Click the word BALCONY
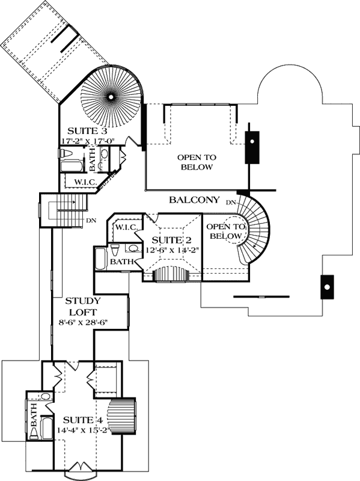click(194, 200)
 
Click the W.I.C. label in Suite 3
click(85, 181)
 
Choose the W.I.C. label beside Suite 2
click(127, 227)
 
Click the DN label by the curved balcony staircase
click(231, 203)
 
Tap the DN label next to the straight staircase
click(91, 221)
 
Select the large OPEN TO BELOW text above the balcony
click(196, 162)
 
